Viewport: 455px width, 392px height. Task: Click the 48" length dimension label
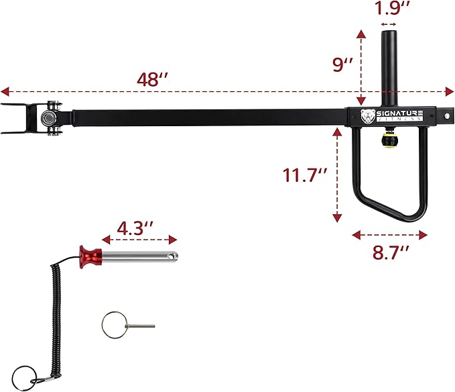click(152, 79)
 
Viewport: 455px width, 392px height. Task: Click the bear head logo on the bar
click(368, 116)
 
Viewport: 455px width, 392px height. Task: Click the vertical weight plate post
click(389, 67)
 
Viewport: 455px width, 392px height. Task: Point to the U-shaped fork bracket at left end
click(15, 118)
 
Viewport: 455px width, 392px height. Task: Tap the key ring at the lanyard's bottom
click(25, 373)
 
